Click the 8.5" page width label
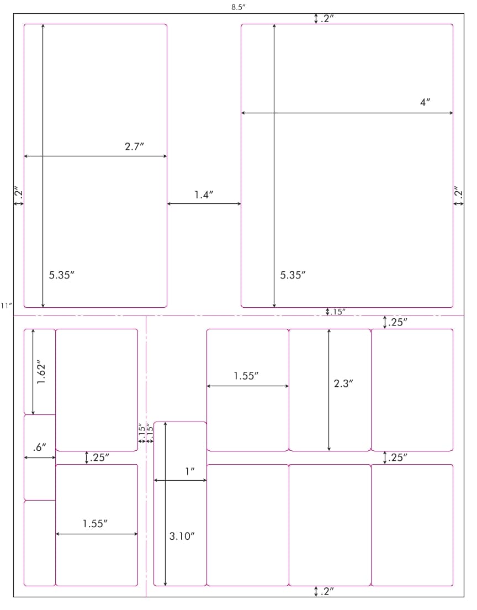(x=239, y=7)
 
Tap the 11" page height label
(x=6, y=306)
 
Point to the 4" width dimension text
(x=425, y=102)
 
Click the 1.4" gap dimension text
(x=204, y=194)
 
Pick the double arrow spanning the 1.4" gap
(x=204, y=203)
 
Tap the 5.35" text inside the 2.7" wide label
(x=61, y=275)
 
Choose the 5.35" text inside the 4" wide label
(x=293, y=275)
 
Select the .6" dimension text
(x=40, y=448)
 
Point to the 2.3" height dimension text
(x=343, y=383)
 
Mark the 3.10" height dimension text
(x=182, y=536)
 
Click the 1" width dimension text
(x=190, y=471)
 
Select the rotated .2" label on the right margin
(x=459, y=193)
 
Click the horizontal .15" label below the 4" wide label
(x=337, y=312)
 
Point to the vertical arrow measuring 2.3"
(x=329, y=390)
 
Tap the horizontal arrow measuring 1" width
(x=181, y=481)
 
